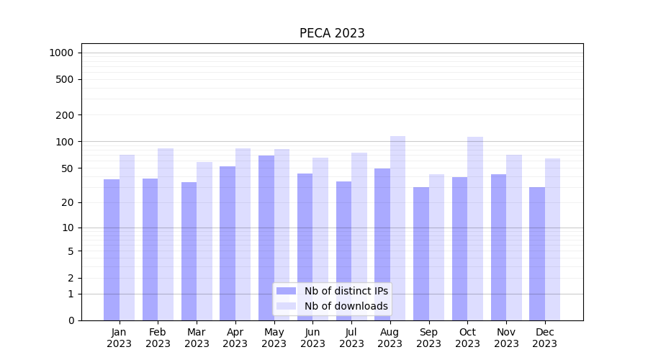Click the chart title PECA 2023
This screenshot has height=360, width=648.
pyautogui.click(x=332, y=33)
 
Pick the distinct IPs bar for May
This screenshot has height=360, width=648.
pyautogui.click(x=266, y=238)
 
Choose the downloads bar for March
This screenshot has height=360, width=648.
pyautogui.click(x=204, y=241)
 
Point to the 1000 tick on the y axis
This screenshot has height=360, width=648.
pyautogui.click(x=61, y=53)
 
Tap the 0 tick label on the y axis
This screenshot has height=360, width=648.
pyautogui.click(x=71, y=320)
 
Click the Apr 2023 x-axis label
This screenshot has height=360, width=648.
pyautogui.click(x=235, y=338)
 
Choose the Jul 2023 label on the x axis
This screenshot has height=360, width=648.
pyautogui.click(x=351, y=338)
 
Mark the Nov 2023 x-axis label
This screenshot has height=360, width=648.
pyautogui.click(x=506, y=338)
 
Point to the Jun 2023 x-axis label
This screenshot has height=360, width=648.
pyautogui.click(x=312, y=338)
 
